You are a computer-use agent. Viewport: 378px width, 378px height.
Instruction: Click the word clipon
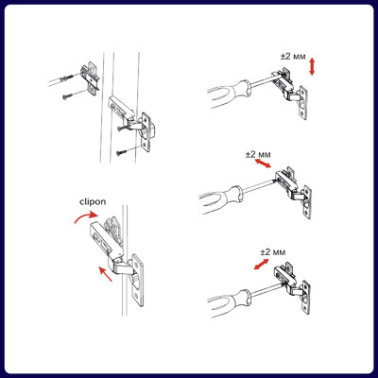pyautogui.click(x=93, y=202)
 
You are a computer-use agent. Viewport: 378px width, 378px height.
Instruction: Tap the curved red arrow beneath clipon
pyautogui.click(x=86, y=216)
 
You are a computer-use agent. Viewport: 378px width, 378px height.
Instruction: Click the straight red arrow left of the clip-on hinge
pyautogui.click(x=105, y=274)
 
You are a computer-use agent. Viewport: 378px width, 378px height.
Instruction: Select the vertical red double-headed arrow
pyautogui.click(x=312, y=66)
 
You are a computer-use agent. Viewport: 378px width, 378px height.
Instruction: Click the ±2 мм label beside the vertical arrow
pyautogui.click(x=293, y=57)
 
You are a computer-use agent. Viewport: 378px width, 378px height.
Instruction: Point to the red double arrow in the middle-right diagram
pyautogui.click(x=263, y=163)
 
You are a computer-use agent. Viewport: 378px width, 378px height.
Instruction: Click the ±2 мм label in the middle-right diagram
pyautogui.click(x=258, y=154)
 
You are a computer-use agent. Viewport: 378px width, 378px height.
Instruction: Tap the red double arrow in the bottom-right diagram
pyautogui.click(x=262, y=264)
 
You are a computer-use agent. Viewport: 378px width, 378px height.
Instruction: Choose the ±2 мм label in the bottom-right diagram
pyautogui.click(x=273, y=252)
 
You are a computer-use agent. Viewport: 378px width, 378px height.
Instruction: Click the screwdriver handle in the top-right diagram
pyautogui.click(x=230, y=94)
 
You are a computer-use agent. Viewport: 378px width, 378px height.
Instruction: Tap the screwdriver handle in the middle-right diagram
pyautogui.click(x=221, y=198)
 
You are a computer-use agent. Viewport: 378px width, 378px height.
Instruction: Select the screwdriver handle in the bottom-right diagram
pyautogui.click(x=230, y=303)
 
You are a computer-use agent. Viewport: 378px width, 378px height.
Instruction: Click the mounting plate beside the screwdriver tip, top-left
pyautogui.click(x=91, y=79)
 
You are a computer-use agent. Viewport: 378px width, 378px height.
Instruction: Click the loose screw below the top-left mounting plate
pyautogui.click(x=67, y=96)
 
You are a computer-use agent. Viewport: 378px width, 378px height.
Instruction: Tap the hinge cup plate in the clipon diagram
pyautogui.click(x=137, y=280)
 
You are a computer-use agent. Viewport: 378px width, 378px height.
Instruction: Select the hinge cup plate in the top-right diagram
pyautogui.click(x=302, y=103)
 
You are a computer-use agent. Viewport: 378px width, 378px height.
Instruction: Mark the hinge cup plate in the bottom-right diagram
pyautogui.click(x=306, y=297)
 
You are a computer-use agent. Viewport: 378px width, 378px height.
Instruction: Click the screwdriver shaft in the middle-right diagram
pyautogui.click(x=259, y=186)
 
